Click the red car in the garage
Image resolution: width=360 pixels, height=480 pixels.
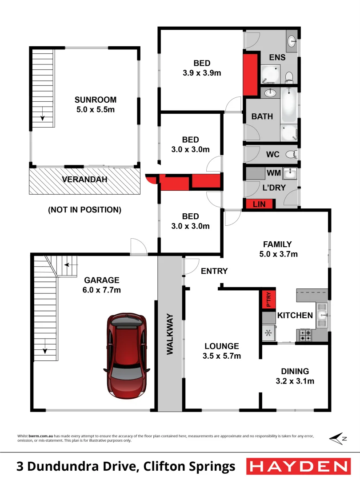tap(126, 356)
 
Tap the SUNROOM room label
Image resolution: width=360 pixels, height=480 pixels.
tap(95, 100)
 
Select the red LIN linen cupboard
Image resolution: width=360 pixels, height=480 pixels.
tap(259, 204)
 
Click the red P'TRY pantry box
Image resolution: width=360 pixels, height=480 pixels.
tap(268, 299)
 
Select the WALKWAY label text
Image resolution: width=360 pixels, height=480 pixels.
tap(170, 334)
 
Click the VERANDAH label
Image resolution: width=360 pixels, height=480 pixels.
tap(84, 180)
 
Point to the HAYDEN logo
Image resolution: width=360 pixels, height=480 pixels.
tap(297, 466)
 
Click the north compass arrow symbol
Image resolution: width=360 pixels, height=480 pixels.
tap(338, 438)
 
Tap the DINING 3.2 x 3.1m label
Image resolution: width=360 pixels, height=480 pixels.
tap(295, 376)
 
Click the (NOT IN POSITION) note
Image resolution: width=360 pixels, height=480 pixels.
tap(84, 209)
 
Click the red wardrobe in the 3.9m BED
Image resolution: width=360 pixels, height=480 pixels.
tap(251, 74)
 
